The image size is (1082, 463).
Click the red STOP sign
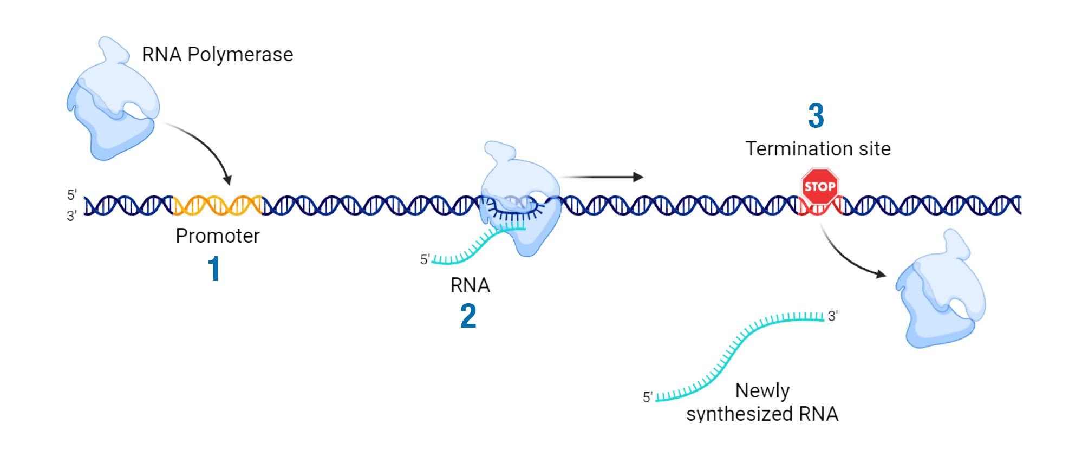tap(819, 186)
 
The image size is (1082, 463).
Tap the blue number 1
tap(214, 269)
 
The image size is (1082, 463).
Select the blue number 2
tap(468, 316)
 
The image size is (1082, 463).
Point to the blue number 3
tap(816, 116)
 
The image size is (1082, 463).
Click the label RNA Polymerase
tap(217, 55)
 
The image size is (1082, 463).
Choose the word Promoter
tap(218, 236)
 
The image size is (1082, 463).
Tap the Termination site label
tap(818, 149)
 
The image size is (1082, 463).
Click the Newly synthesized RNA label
tap(762, 402)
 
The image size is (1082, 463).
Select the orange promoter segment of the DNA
tap(218, 205)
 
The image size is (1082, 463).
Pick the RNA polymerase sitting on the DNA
tap(520, 200)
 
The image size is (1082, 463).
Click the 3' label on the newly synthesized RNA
tap(833, 316)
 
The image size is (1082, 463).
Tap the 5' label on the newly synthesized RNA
tap(648, 397)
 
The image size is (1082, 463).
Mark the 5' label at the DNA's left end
tap(72, 195)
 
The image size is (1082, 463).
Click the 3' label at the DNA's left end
tap(72, 216)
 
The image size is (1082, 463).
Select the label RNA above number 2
tap(470, 285)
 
